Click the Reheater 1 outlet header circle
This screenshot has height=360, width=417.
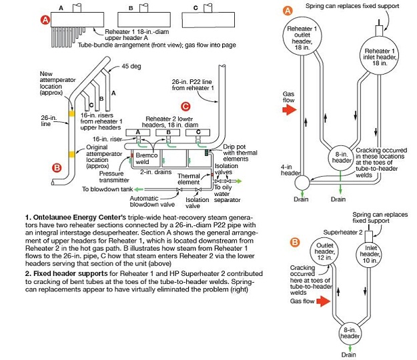click(302, 37)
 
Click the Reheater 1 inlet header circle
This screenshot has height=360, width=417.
click(380, 55)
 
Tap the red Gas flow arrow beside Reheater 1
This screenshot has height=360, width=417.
click(290, 109)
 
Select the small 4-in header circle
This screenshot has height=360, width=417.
click(302, 183)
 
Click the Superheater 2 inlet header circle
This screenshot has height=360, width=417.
click(370, 254)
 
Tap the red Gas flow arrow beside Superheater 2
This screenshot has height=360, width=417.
click(324, 301)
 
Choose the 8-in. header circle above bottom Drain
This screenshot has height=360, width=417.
click(350, 334)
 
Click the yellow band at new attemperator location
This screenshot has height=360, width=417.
click(72, 114)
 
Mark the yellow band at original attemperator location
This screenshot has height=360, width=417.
click(72, 154)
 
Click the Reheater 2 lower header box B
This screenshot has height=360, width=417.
click(168, 132)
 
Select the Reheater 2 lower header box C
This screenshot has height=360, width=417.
click(198, 132)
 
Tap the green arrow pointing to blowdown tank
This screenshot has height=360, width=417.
click(139, 189)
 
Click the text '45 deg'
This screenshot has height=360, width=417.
click(131, 66)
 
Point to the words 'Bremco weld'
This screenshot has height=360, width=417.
click(147, 159)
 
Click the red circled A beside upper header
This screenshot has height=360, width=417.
click(45, 19)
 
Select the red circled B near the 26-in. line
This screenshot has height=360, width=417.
click(57, 168)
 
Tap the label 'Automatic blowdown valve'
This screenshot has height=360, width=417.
click(152, 201)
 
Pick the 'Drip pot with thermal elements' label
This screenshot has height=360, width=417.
click(240, 153)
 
